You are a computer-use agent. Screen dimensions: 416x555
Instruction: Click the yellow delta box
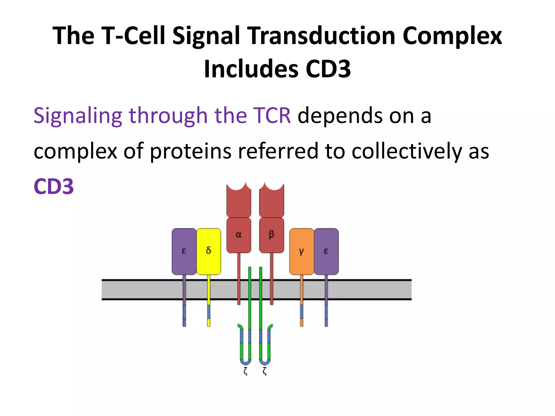tap(208, 251)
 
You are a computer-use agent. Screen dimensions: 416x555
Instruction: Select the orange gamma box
tap(301, 251)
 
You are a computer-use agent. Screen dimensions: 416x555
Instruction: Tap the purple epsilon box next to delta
tap(184, 251)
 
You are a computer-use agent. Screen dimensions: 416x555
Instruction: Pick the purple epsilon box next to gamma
tap(326, 251)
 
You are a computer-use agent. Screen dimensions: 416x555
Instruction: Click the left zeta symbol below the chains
tap(246, 371)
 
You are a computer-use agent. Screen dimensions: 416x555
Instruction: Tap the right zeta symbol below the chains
tap(265, 371)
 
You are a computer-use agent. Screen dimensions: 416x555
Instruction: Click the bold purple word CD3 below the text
tap(54, 186)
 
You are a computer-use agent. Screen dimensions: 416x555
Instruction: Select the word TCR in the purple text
tap(272, 116)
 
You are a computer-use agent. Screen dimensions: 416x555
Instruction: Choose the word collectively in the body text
tap(406, 151)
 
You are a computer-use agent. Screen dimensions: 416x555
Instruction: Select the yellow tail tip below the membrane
tap(209, 323)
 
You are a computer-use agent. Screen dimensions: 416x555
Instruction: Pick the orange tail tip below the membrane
tap(302, 323)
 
